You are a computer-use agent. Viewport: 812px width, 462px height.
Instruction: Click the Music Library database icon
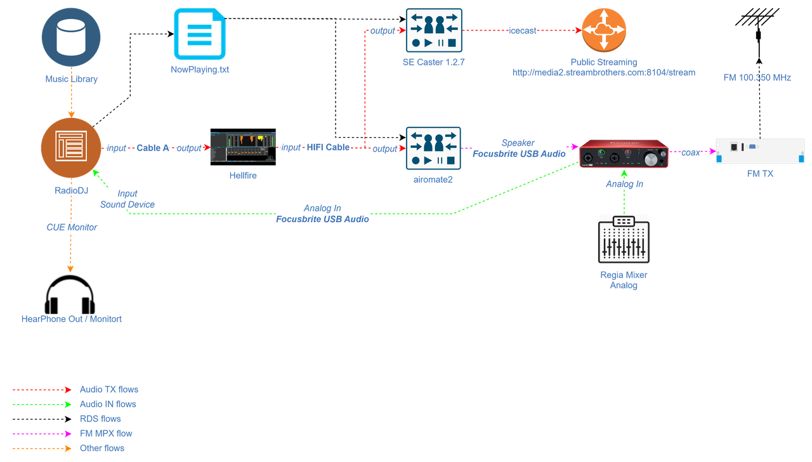[71, 37]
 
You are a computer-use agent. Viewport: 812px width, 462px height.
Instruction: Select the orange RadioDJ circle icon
[71, 148]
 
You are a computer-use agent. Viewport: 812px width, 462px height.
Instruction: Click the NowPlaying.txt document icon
[199, 34]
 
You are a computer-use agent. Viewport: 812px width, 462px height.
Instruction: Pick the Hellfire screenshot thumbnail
[243, 147]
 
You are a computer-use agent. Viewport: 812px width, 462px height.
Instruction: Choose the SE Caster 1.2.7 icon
[434, 30]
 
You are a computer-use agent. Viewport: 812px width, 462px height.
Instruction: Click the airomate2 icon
[434, 148]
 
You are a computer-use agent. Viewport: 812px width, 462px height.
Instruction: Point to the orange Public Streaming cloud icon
[603, 30]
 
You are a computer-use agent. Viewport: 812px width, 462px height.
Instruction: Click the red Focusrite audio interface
[624, 154]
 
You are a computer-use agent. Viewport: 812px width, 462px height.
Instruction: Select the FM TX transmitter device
[759, 150]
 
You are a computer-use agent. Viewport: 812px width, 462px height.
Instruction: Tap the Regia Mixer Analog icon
[624, 239]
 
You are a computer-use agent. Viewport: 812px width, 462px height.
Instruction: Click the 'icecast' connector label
[522, 30]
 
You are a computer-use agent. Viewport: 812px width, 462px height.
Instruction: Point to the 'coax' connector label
[690, 152]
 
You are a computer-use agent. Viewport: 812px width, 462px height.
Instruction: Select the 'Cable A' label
[153, 148]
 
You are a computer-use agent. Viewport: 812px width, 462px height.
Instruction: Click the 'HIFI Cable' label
[328, 147]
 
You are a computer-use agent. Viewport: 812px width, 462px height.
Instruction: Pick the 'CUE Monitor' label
[71, 227]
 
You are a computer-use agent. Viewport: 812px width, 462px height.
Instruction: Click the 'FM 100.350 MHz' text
[757, 77]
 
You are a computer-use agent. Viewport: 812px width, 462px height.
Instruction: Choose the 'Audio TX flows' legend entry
[108, 389]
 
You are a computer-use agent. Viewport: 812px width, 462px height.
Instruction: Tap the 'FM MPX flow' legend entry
[106, 434]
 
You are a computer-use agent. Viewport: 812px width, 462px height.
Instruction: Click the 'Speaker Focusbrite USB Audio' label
[518, 148]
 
